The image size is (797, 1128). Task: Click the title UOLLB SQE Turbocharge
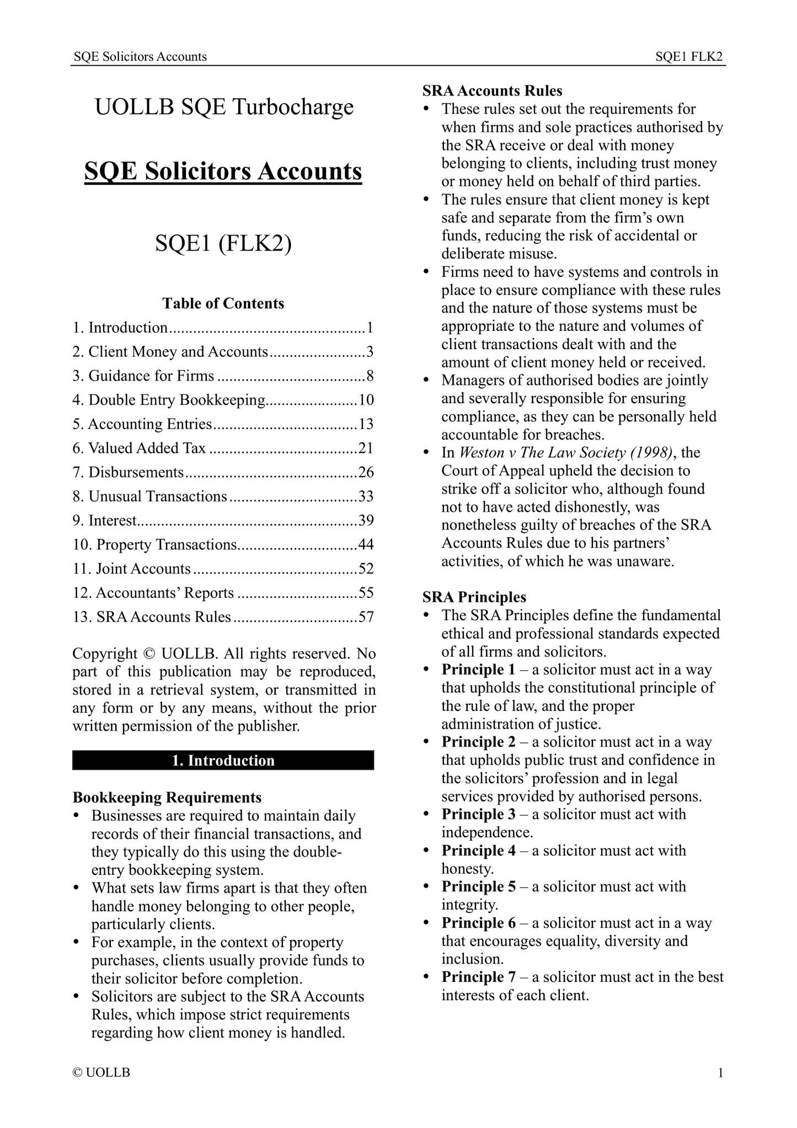[224, 107]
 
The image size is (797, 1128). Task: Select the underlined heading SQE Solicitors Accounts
[223, 172]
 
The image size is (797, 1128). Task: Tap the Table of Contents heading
[223, 303]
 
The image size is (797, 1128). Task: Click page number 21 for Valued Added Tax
[366, 448]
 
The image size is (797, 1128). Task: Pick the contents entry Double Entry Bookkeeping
[176, 400]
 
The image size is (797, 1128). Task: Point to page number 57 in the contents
[366, 617]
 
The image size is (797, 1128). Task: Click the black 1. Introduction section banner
[223, 761]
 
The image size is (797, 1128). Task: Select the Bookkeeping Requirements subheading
[167, 798]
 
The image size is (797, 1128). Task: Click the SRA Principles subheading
[474, 597]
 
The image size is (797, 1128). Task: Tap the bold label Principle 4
[478, 851]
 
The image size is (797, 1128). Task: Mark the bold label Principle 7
[478, 977]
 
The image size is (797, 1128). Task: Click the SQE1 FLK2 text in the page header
[689, 57]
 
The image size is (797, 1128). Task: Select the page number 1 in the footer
[720, 1073]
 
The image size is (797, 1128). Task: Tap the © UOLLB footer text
[101, 1073]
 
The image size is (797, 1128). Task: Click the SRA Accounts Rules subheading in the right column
[492, 90]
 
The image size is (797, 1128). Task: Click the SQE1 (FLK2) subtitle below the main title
[223, 244]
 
